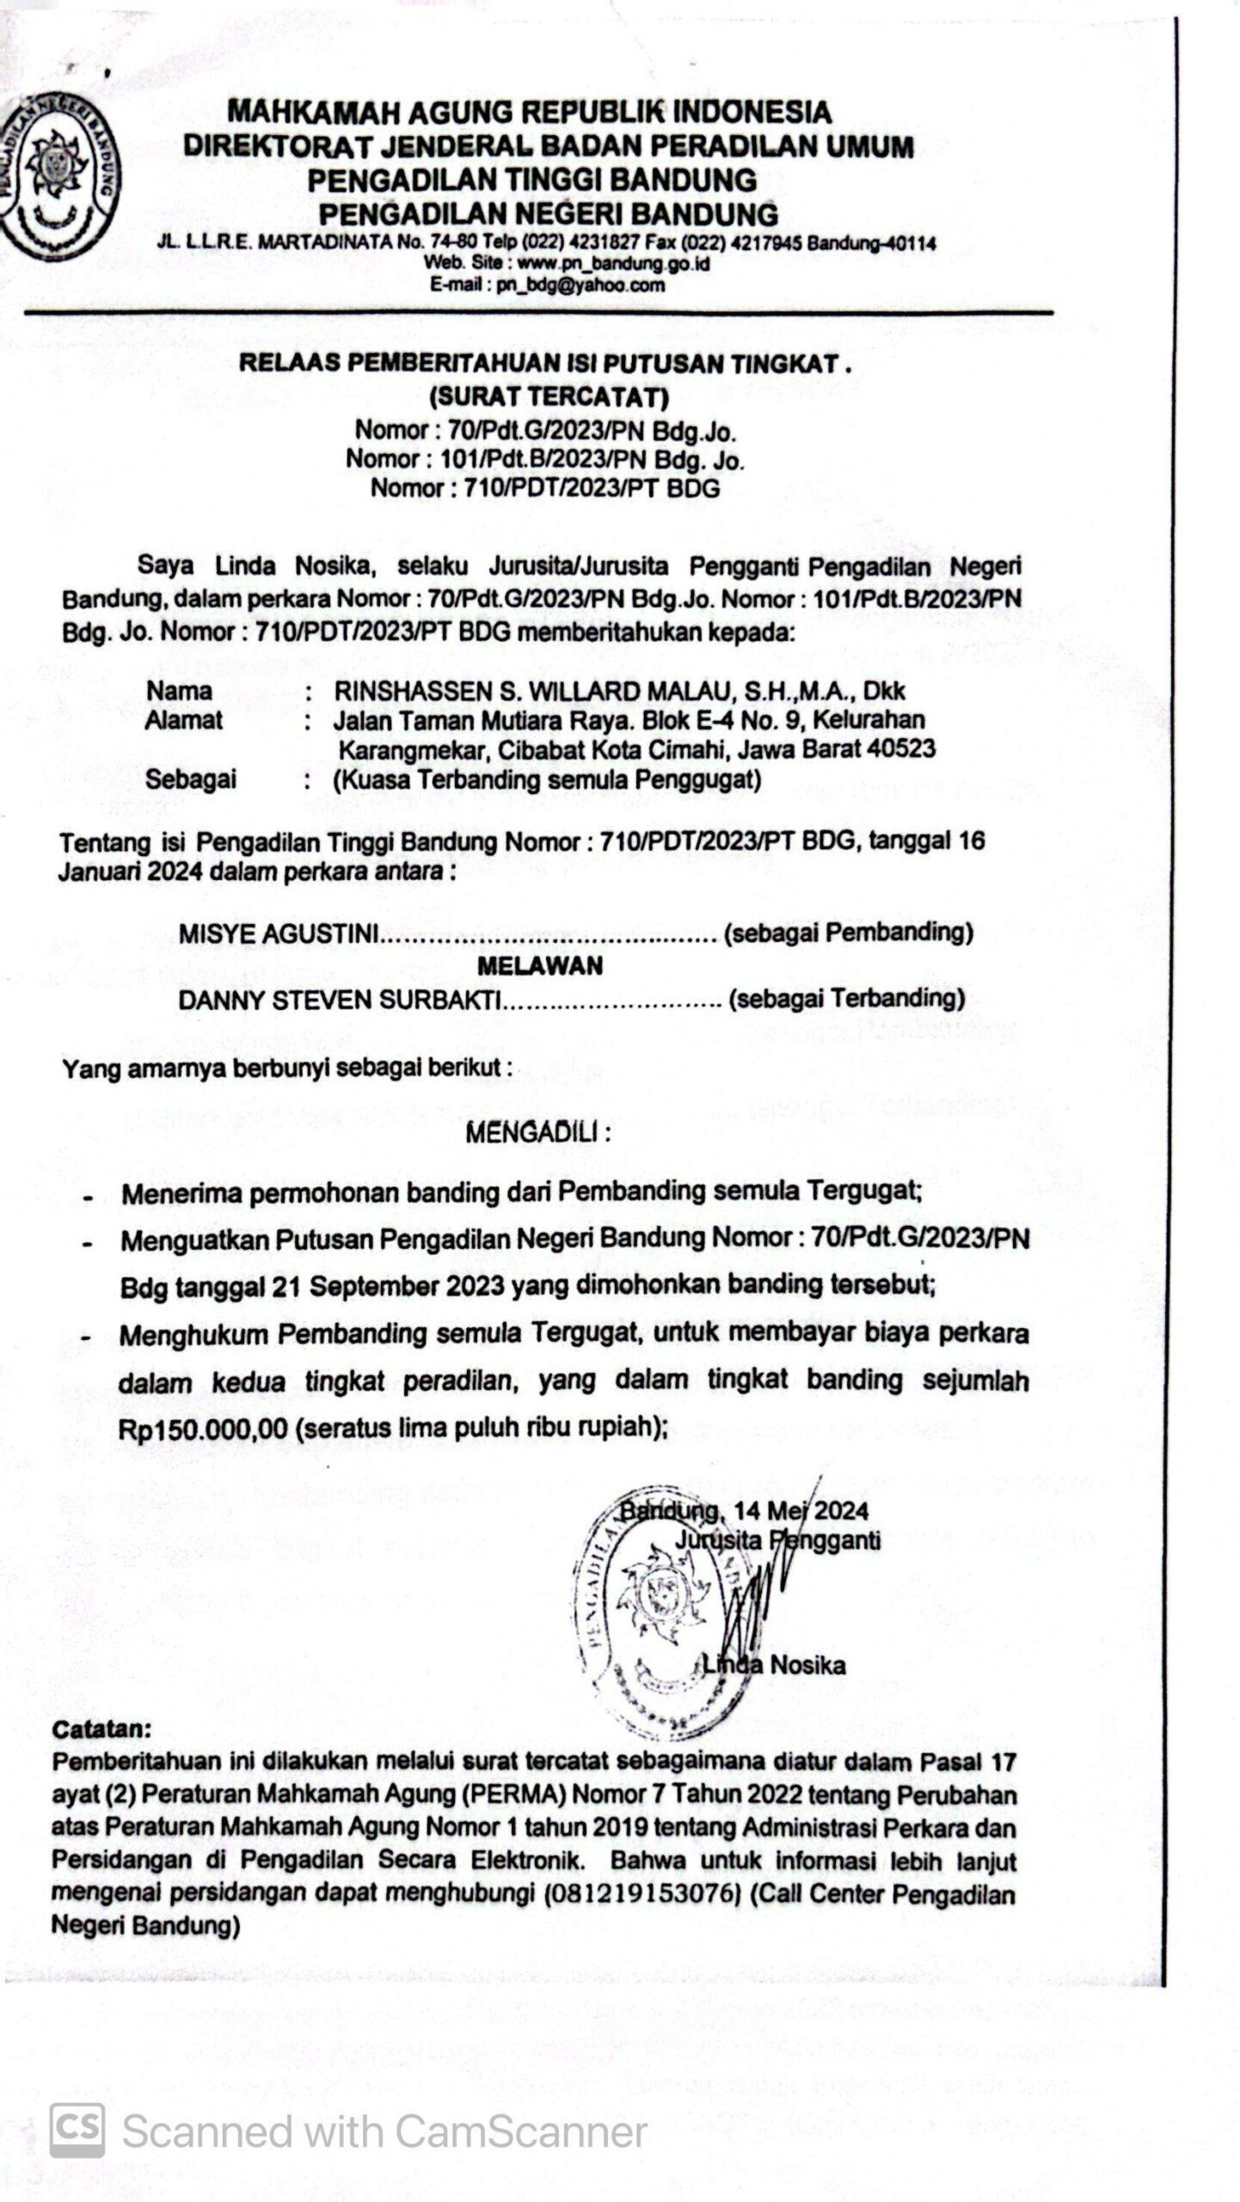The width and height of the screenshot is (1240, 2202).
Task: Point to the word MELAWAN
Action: (x=540, y=966)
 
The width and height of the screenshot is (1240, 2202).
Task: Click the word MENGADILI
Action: (x=537, y=1132)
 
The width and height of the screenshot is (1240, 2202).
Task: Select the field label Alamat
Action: (x=183, y=720)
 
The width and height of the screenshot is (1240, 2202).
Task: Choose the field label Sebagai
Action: (x=190, y=779)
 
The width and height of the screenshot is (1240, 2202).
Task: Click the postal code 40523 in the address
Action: (x=900, y=748)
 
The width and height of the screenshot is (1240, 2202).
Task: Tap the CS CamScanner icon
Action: (x=77, y=2131)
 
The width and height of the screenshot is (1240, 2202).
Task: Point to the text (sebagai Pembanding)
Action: (x=849, y=932)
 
